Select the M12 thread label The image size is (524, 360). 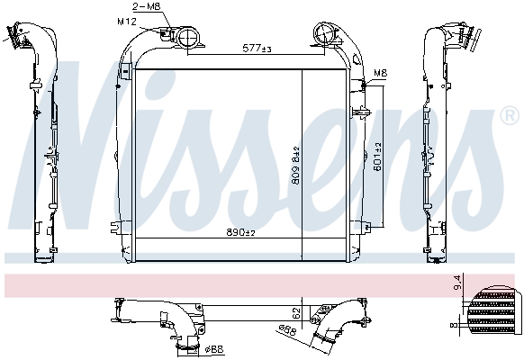(x=128, y=19)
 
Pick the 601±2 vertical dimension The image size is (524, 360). (x=378, y=157)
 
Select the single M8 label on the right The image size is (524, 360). (x=381, y=73)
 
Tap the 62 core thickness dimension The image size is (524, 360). (x=298, y=315)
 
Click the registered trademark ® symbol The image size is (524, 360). (x=509, y=116)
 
